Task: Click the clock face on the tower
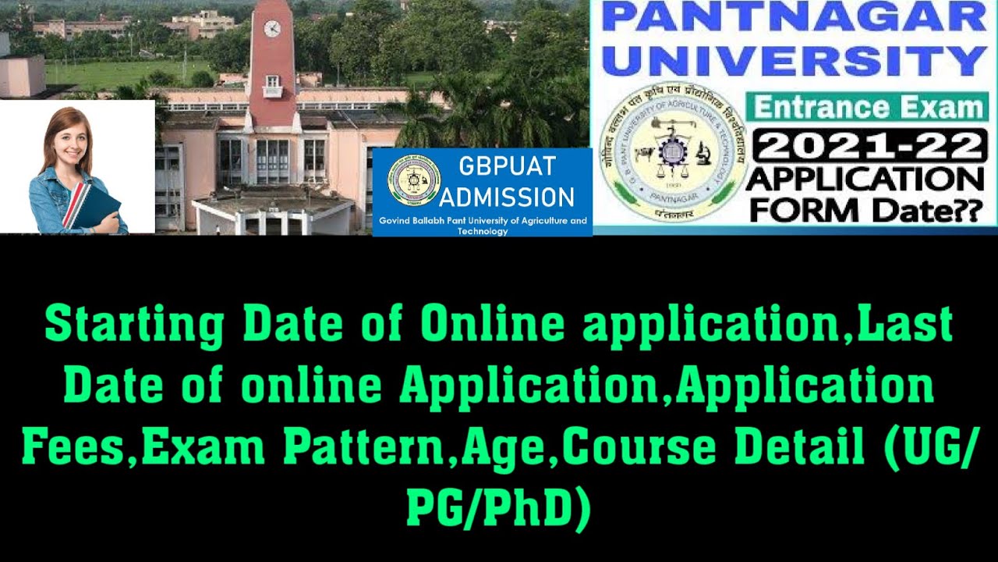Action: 272,29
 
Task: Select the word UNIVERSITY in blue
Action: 794,62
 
